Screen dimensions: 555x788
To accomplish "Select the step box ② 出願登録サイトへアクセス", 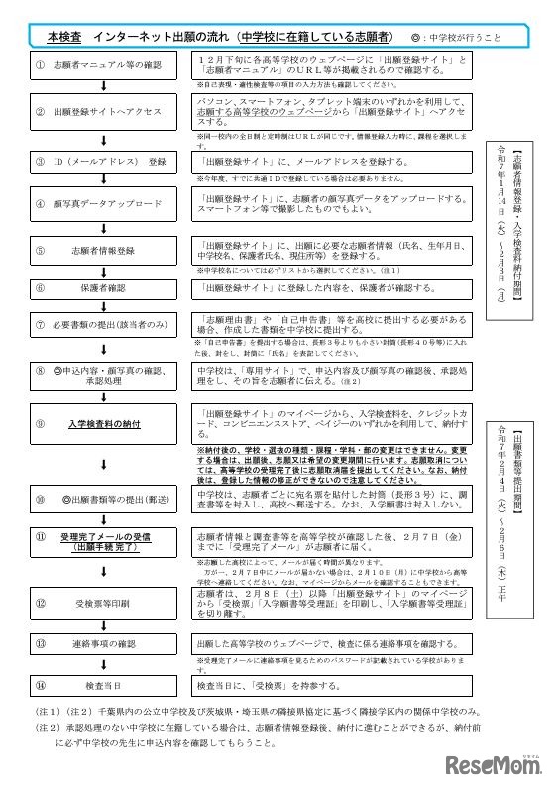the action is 104,112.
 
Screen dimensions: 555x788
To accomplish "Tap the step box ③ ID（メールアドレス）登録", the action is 104,160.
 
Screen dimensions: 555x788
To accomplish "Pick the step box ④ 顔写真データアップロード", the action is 104,203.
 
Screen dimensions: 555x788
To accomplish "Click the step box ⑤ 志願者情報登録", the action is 104,252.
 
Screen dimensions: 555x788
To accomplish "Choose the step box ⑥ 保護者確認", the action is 104,288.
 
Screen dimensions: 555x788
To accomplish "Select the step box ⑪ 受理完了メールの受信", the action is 104,540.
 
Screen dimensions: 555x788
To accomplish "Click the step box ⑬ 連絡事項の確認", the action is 104,643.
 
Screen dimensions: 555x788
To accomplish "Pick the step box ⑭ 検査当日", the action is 104,685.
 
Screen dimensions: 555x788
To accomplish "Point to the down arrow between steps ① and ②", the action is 104,88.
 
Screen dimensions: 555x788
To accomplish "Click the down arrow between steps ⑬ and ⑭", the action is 104,664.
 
